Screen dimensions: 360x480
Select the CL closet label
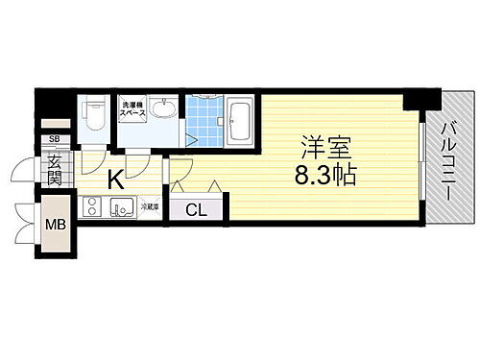[x=196, y=208]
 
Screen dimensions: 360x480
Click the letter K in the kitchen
[x=114, y=178]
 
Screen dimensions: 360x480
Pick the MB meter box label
[x=55, y=227]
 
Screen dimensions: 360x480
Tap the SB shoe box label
[x=54, y=140]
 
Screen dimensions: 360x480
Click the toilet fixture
[x=94, y=117]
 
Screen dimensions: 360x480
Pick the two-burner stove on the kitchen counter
[x=93, y=206]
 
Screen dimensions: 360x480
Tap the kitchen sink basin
[x=124, y=206]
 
